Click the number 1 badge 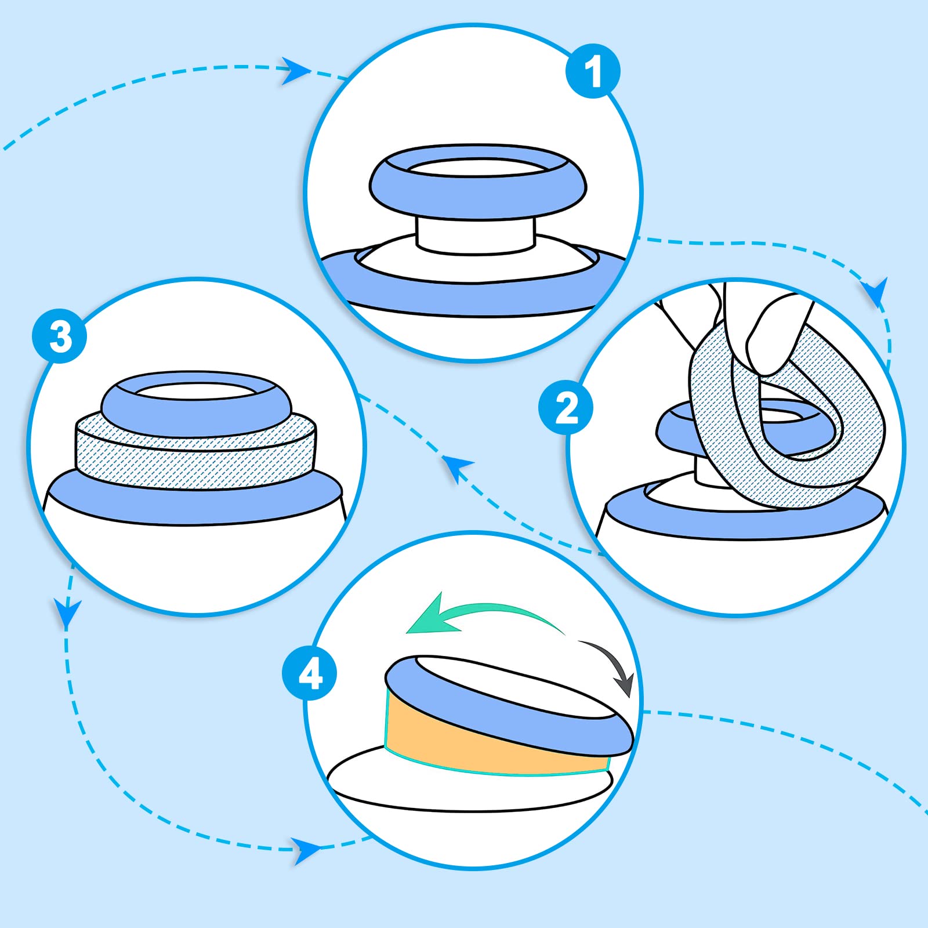point(593,71)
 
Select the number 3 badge point(60,336)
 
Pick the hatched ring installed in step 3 point(195,458)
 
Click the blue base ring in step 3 point(195,499)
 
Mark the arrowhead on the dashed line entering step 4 point(306,850)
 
